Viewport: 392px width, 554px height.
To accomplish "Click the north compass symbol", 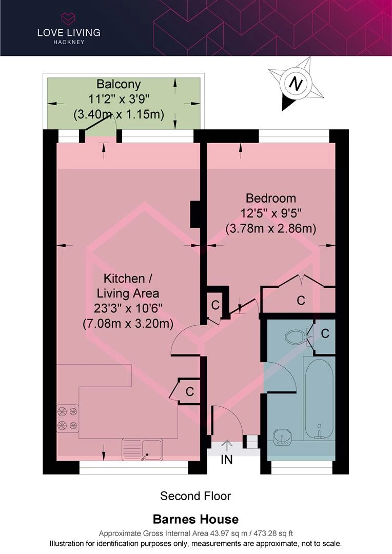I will [x=295, y=84].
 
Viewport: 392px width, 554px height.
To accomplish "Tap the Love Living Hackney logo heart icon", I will [x=68, y=19].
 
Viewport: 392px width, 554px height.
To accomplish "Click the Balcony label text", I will [x=119, y=84].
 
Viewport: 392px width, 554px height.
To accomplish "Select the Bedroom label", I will [x=270, y=198].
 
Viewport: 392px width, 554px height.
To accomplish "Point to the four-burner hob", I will [x=68, y=418].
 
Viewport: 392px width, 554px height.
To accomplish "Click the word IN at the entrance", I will [x=227, y=460].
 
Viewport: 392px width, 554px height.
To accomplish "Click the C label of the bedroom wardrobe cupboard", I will [x=301, y=300].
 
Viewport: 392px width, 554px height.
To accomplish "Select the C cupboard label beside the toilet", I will [x=325, y=334].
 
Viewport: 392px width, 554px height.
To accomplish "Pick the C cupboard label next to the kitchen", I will [x=189, y=391].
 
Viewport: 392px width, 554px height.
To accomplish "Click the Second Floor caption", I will [x=195, y=496].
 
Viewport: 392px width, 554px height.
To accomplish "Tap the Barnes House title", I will [x=195, y=519].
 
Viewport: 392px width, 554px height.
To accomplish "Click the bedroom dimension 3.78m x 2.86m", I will [x=270, y=228].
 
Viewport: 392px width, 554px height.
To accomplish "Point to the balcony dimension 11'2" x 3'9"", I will [x=119, y=100].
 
